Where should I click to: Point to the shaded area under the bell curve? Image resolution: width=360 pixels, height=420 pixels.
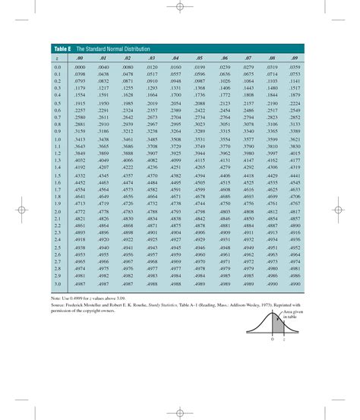coord(277,328)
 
